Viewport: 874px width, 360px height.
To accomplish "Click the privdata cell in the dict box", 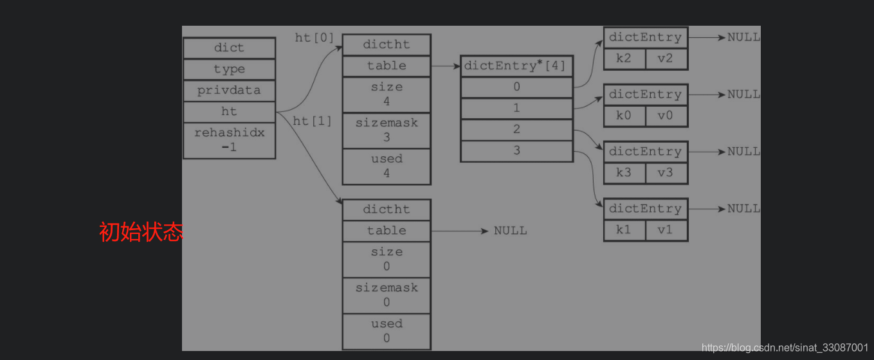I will [229, 91].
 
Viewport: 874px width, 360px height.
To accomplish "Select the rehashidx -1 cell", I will [229, 140].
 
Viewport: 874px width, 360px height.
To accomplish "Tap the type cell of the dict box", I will [229, 69].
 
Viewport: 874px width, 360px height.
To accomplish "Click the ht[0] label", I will [314, 38].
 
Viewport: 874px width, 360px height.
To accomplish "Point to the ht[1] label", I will [313, 121].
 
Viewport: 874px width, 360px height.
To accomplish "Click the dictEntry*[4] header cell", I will [516, 66].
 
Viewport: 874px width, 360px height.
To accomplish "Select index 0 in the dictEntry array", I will [516, 87].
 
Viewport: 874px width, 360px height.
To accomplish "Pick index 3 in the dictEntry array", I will [516, 151].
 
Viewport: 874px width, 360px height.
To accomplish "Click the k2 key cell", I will [624, 59].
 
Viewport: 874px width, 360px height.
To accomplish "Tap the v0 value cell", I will [666, 116].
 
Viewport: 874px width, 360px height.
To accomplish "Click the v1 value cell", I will [666, 230].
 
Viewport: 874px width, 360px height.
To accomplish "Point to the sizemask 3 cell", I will [386, 130].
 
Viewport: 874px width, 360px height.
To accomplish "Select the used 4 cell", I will [386, 166].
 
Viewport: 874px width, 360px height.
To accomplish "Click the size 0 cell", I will [386, 259].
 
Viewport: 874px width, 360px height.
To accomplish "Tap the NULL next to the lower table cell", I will [510, 231].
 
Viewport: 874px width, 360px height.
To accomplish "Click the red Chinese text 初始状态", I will [141, 232].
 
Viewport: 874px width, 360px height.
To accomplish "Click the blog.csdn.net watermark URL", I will [785, 348].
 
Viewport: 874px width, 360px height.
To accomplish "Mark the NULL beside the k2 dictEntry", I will [743, 37].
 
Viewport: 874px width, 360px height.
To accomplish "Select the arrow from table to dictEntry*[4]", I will [445, 66].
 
